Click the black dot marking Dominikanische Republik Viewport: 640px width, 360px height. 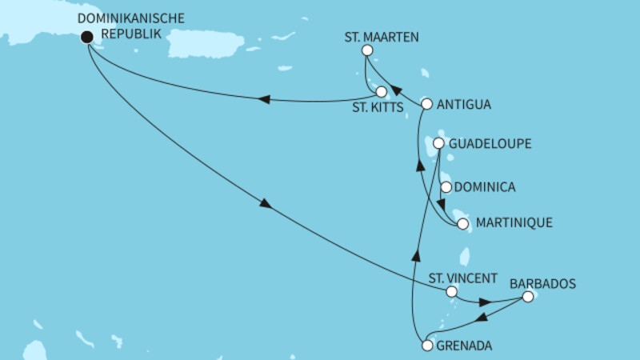86,36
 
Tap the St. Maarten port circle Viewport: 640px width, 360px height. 367,50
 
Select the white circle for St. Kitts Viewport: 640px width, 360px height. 382,92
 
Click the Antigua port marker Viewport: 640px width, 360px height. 427,104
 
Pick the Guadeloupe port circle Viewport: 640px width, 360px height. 439,144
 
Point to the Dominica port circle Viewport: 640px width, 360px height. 446,188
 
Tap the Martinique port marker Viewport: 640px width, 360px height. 462,224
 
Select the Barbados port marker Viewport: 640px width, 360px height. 527,297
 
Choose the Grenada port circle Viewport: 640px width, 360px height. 427,346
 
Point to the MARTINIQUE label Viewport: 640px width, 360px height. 514,223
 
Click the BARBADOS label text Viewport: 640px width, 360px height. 542,283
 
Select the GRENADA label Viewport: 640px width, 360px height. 464,346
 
